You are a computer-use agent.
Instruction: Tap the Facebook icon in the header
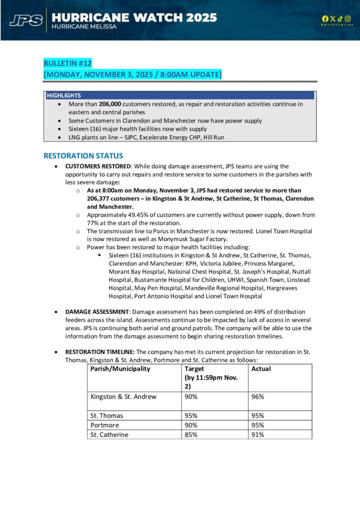(x=325, y=19)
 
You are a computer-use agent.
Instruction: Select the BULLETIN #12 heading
(x=68, y=64)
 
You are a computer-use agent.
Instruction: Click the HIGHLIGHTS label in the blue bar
(x=64, y=95)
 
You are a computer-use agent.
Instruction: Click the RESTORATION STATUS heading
(x=83, y=156)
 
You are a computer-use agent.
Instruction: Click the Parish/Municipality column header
(x=120, y=369)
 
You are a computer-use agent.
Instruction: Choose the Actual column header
(x=261, y=369)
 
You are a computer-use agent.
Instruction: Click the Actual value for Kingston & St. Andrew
(x=258, y=397)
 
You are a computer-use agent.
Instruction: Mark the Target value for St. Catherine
(x=191, y=434)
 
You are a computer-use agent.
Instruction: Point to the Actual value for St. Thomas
(x=258, y=416)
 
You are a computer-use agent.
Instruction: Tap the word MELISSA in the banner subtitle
(x=101, y=26)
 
